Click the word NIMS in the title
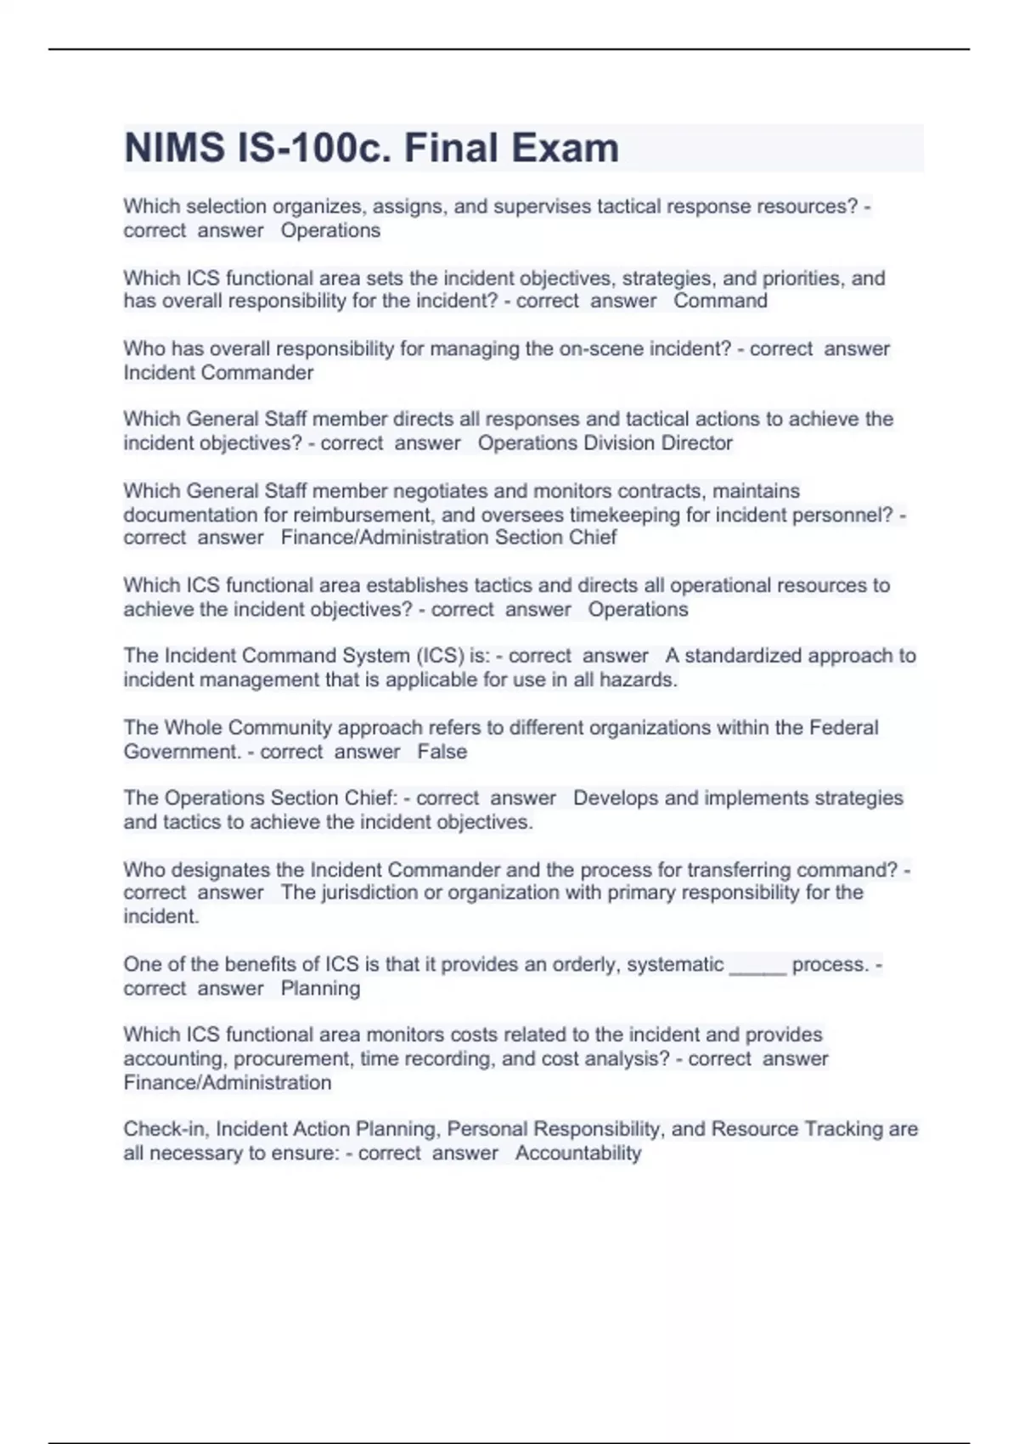tap(173, 149)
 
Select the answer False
tap(442, 752)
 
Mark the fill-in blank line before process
tap(757, 966)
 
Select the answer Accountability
tap(577, 1154)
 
